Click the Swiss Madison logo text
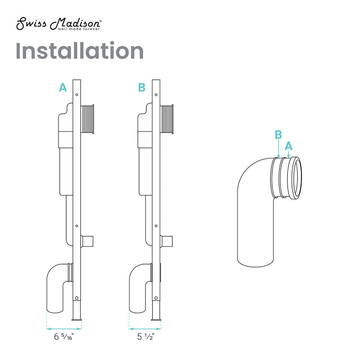click(58, 24)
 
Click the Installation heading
click(80, 51)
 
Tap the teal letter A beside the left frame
click(63, 88)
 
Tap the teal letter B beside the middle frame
click(142, 88)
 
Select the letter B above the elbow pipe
click(279, 135)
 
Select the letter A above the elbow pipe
click(289, 145)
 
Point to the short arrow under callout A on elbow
click(289, 154)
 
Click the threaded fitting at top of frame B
click(167, 119)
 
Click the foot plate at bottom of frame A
click(76, 319)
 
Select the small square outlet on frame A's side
click(88, 241)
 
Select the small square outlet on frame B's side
click(167, 241)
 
